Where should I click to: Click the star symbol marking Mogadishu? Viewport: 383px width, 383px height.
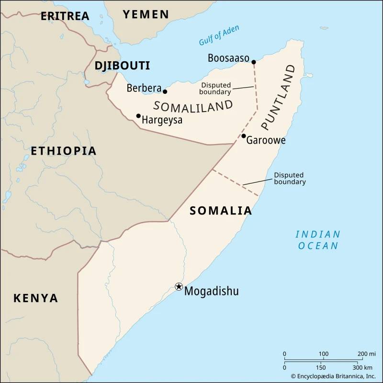click(179, 286)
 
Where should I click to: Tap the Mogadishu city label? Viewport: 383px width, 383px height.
click(211, 291)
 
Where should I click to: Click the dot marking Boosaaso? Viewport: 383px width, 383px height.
click(254, 62)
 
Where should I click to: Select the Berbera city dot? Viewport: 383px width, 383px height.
click(165, 91)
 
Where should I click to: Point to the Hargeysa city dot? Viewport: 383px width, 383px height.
click(138, 116)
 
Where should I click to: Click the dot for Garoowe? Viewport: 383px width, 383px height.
click(244, 136)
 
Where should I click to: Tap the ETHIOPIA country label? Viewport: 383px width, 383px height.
click(64, 151)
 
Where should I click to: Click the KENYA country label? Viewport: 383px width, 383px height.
click(35, 298)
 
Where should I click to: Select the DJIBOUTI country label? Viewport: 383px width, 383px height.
click(122, 66)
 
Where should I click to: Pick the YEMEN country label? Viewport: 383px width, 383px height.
click(146, 14)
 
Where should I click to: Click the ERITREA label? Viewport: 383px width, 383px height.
click(65, 16)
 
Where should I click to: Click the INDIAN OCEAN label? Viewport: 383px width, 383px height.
click(318, 240)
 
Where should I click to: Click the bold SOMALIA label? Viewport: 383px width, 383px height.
click(221, 211)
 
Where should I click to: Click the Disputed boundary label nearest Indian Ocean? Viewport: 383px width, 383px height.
click(290, 179)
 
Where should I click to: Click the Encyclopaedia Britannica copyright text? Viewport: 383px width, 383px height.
click(330, 376)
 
